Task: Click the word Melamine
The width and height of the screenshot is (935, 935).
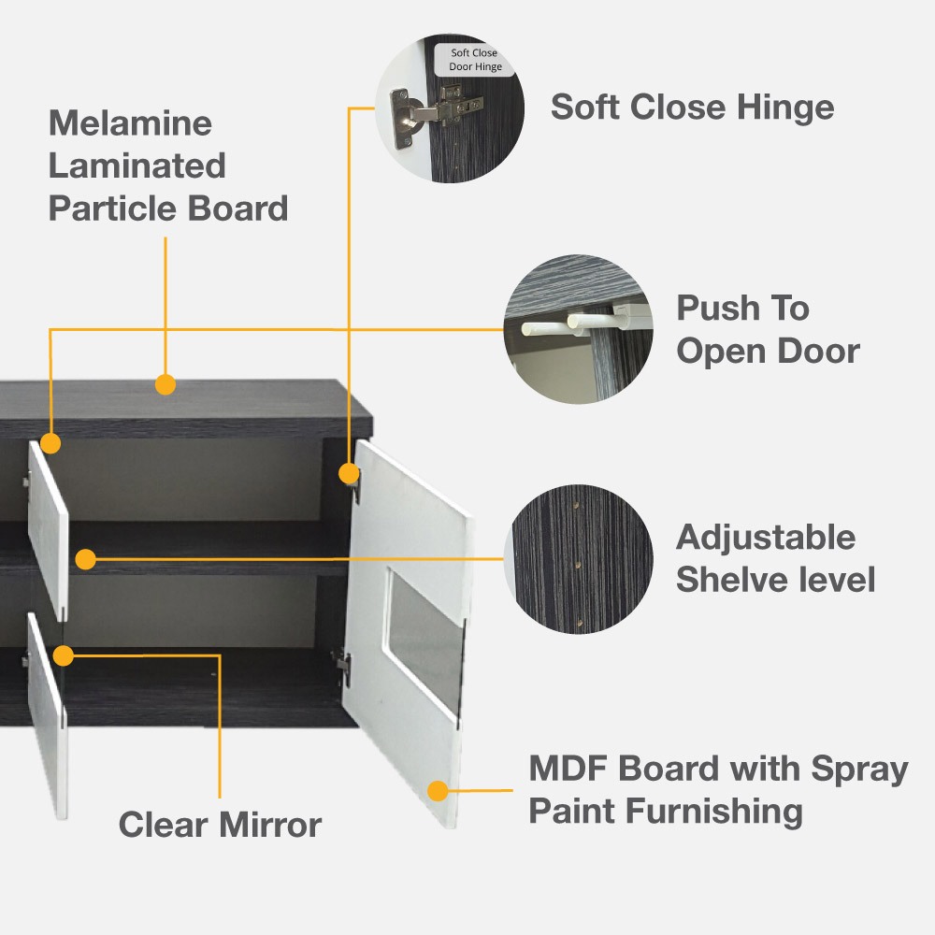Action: [x=130, y=123]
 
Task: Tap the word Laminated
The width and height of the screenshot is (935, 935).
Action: [x=137, y=165]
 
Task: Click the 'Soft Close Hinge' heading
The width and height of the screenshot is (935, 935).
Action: [x=692, y=108]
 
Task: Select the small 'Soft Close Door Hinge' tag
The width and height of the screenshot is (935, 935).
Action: [x=475, y=60]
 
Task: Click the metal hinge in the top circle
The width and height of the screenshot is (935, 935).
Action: [x=434, y=112]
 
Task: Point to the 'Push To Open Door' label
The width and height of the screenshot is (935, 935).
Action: [x=768, y=329]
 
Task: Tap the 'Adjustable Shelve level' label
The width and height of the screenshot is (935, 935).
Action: [x=775, y=559]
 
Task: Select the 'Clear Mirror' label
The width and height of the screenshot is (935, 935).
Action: [x=220, y=825]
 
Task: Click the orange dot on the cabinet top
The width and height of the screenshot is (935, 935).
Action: [x=165, y=384]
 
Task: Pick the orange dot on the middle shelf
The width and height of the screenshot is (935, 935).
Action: [x=86, y=559]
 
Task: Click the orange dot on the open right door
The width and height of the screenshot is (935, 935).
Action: [x=438, y=791]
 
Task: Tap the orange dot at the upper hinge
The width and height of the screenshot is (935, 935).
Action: [x=349, y=474]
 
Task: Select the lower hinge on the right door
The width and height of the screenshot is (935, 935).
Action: [x=343, y=664]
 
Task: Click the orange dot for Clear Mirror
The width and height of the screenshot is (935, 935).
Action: [x=64, y=656]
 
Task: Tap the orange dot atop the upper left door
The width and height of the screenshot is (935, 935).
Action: [x=50, y=443]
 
